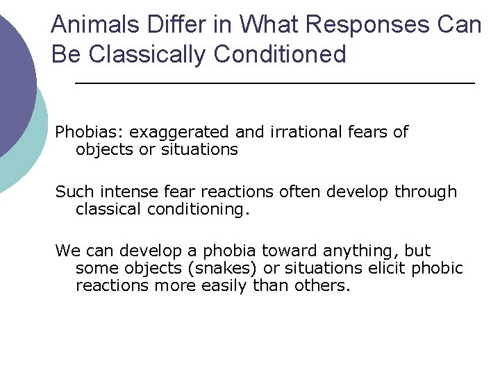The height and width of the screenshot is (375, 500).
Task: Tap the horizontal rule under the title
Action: click(x=274, y=83)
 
